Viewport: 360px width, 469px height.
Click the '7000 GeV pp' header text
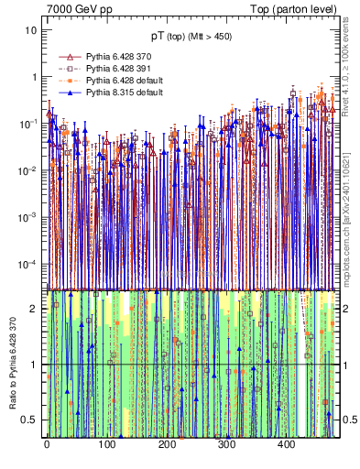[x=80, y=8]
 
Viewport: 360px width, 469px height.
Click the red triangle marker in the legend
[x=65, y=57]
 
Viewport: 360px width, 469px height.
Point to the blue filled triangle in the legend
[x=65, y=93]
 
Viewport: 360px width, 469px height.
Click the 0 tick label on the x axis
[x=47, y=445]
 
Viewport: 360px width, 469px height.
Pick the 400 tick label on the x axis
[x=286, y=445]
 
